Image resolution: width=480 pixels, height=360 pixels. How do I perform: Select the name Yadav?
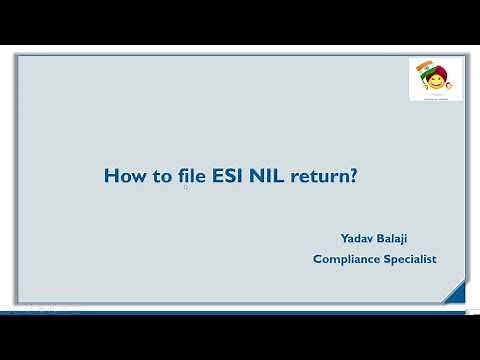(358, 239)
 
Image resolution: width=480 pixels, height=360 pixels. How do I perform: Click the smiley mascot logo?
(435, 79)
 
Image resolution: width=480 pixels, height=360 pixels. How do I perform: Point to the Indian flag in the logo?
(423, 70)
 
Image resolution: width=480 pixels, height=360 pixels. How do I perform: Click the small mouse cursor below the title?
(186, 187)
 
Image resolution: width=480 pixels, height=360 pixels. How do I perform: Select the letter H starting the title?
(110, 177)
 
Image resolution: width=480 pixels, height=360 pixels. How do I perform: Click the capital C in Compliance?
(317, 259)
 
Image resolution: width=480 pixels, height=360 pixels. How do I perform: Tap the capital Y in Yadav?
(344, 239)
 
